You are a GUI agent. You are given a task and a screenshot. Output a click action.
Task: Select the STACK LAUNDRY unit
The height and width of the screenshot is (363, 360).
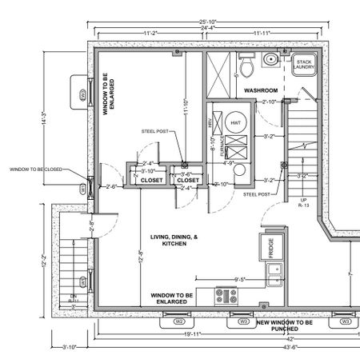pos(303,65)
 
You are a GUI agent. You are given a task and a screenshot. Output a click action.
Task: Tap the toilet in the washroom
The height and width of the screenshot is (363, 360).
pos(247,62)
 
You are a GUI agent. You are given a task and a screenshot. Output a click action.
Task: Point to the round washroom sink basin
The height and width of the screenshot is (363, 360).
pos(273,59)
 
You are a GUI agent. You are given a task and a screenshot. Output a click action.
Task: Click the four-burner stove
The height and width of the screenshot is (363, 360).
pos(225,296)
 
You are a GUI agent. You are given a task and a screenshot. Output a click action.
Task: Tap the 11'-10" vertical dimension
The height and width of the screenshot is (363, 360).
pos(184,107)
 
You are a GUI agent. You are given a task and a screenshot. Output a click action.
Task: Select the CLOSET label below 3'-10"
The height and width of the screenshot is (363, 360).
pos(151,180)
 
